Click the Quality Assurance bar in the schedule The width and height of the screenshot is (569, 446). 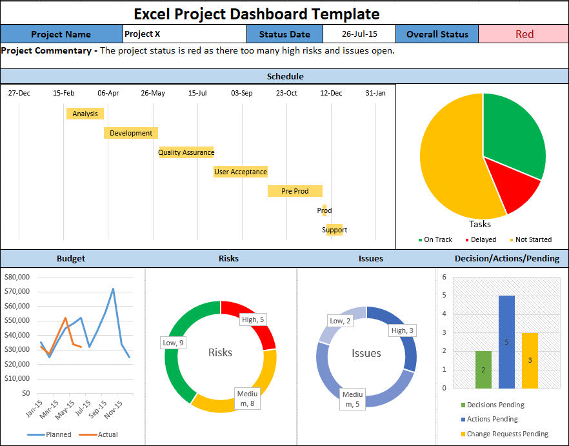(x=186, y=152)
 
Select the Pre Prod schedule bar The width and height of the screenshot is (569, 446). (x=295, y=191)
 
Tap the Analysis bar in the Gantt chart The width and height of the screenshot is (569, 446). (x=85, y=114)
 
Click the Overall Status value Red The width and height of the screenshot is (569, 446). (x=524, y=34)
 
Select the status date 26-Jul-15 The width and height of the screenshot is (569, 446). (x=359, y=34)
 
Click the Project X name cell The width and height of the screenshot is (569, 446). (x=184, y=34)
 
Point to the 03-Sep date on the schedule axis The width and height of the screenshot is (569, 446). (x=242, y=93)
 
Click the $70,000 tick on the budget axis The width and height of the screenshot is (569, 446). (x=17, y=291)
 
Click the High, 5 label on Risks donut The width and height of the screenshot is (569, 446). (x=253, y=319)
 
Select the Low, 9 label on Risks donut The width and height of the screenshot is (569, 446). (x=174, y=343)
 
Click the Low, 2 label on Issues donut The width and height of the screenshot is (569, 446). (x=340, y=321)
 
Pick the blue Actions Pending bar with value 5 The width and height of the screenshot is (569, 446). (x=506, y=342)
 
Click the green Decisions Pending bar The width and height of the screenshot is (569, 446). (x=483, y=370)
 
